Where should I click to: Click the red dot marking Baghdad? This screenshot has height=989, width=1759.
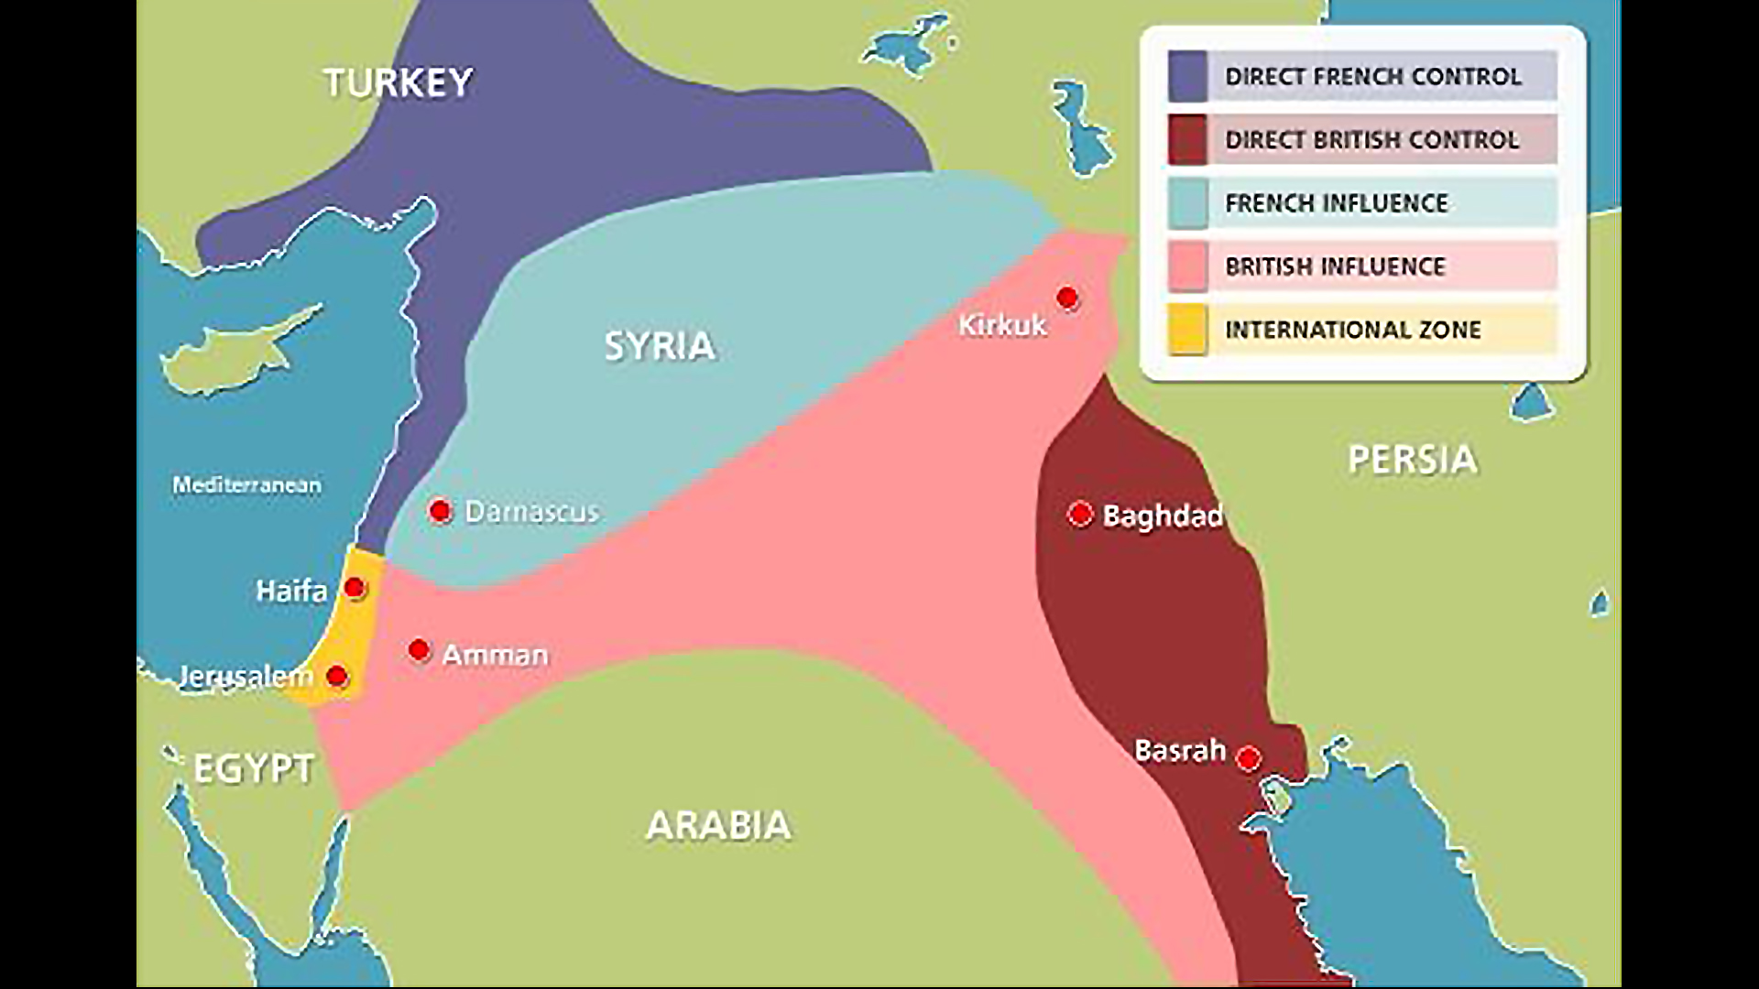point(1080,515)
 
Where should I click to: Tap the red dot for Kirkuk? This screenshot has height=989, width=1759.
point(1067,298)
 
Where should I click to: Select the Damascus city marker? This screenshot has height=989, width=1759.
point(440,511)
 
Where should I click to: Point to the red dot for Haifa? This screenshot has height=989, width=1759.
point(355,588)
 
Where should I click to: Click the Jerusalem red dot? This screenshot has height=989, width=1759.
point(337,677)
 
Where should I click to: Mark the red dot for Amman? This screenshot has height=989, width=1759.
point(419,650)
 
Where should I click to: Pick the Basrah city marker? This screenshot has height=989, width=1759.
point(1248,758)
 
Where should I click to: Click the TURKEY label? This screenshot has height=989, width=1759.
point(399,82)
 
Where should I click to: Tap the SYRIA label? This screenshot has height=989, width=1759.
point(660,346)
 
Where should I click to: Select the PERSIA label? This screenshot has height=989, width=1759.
point(1412,459)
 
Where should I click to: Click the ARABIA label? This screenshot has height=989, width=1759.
point(718,825)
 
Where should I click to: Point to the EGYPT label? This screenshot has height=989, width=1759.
point(254,768)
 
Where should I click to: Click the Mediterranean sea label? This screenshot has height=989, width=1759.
point(246,484)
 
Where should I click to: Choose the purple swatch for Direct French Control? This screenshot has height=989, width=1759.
point(1187,76)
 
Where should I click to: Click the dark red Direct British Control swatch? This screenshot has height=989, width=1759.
point(1187,139)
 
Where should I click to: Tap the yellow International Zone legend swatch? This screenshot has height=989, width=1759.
point(1187,330)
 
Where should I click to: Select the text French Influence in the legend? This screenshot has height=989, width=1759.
point(1337,202)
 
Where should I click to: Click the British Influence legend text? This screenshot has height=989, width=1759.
point(1335,266)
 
